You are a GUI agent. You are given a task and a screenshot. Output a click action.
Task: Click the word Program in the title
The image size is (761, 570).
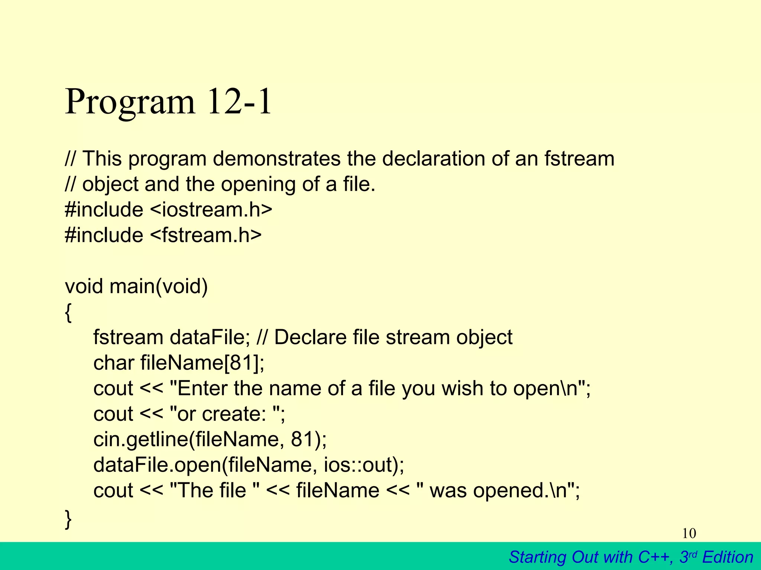point(130,102)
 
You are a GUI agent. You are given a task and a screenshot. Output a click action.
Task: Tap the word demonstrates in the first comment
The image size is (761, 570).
point(276,158)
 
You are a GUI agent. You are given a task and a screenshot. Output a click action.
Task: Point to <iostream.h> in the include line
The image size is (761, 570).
point(211,209)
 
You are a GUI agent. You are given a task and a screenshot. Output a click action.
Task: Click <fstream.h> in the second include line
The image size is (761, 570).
point(206,235)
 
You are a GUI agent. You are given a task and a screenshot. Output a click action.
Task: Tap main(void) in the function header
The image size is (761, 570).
point(158,286)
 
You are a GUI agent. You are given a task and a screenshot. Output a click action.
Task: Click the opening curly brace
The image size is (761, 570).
point(68,312)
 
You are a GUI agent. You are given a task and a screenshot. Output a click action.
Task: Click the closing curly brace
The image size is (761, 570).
point(68,519)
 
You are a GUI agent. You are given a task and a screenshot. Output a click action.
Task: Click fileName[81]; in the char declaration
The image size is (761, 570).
point(203,363)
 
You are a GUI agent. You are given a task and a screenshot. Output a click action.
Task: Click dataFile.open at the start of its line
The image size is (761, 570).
point(157,465)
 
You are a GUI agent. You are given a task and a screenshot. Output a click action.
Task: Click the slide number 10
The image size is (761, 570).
point(689,533)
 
